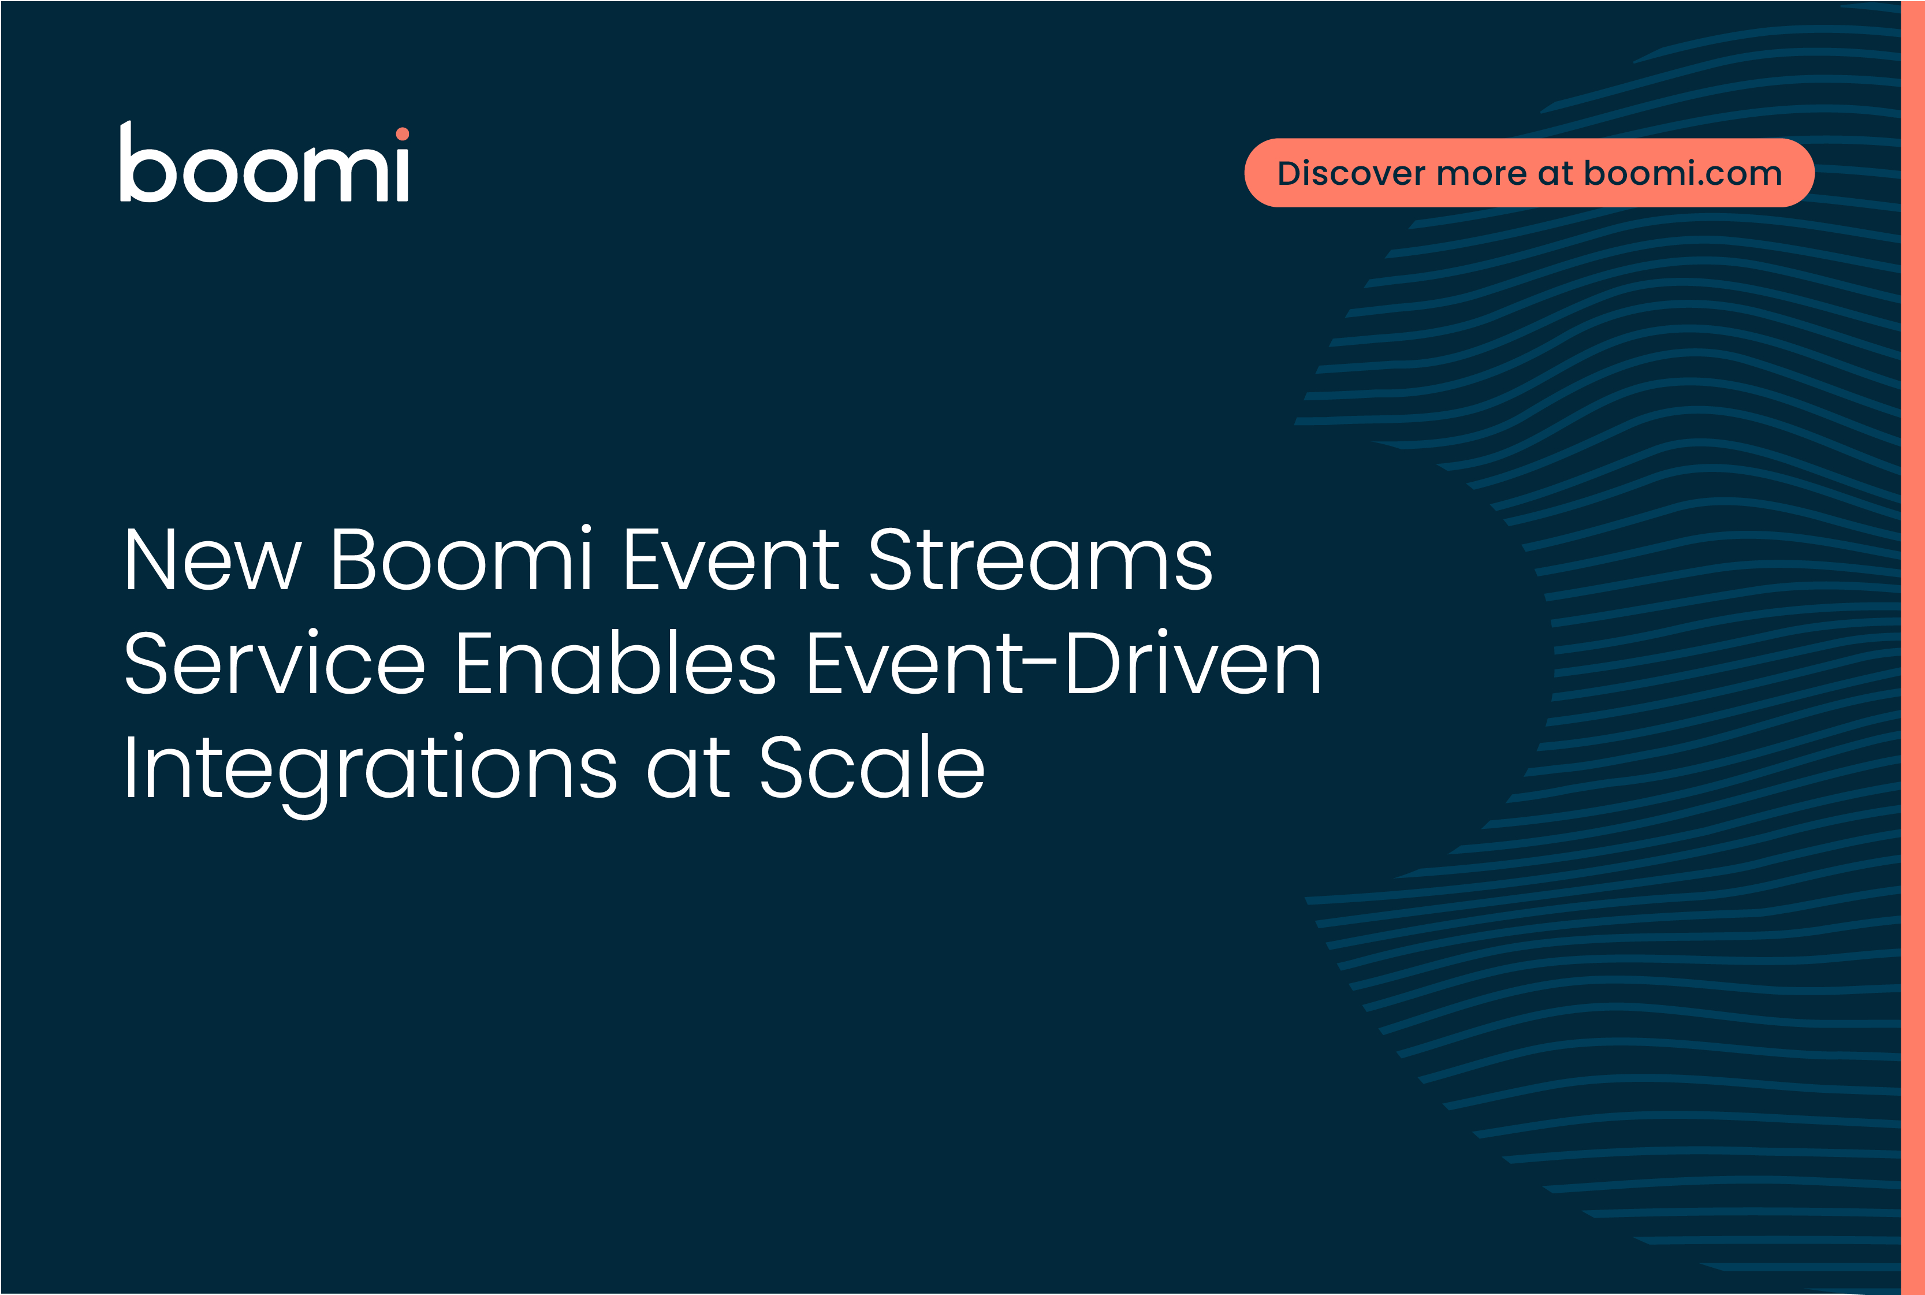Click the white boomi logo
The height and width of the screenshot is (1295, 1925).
[265, 162]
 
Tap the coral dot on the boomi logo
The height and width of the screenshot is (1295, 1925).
[402, 134]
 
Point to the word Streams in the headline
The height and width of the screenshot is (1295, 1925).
[1041, 559]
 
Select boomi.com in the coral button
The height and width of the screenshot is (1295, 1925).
[1683, 173]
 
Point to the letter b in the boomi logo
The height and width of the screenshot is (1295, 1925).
[148, 162]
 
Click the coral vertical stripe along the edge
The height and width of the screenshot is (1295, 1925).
[1913, 647]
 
